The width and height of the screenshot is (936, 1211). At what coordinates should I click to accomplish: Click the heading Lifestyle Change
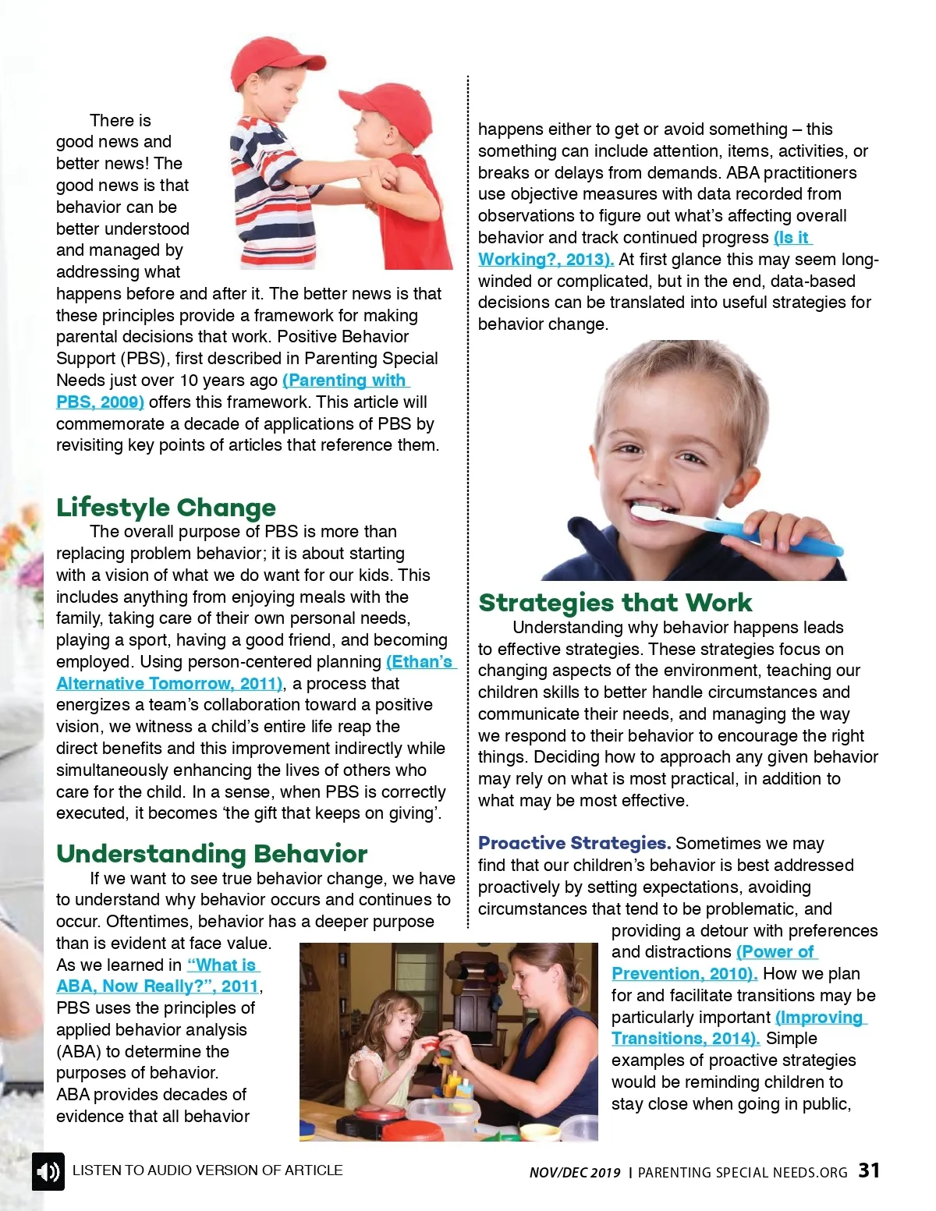(x=165, y=508)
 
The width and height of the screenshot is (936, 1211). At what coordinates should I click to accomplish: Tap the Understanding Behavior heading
(x=211, y=854)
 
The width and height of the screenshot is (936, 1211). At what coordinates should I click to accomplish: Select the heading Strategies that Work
(x=615, y=603)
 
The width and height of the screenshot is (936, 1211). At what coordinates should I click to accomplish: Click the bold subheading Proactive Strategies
(x=574, y=843)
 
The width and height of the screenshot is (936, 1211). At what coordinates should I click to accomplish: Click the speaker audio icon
(x=48, y=1171)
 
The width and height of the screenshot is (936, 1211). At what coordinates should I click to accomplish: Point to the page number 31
(x=869, y=1170)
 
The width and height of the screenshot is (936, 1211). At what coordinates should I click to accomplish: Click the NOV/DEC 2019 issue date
(x=575, y=1173)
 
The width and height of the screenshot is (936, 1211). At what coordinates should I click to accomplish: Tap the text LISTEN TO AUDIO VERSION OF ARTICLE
(x=207, y=1170)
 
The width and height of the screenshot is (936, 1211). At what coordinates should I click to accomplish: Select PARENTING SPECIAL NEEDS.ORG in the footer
(x=742, y=1173)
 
